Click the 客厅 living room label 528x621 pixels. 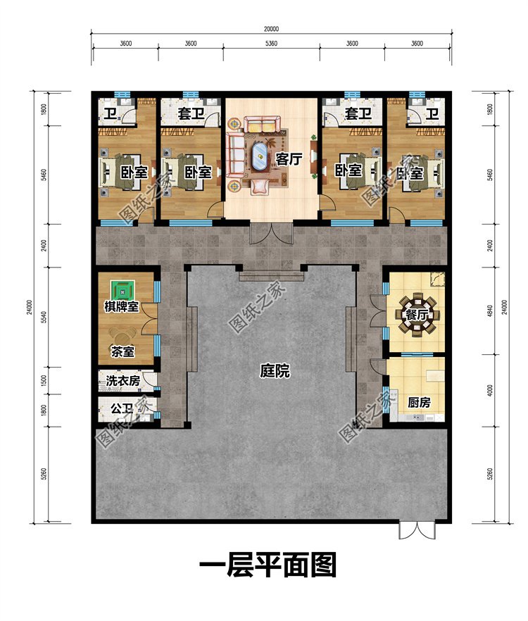point(289,159)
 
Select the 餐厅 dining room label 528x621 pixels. point(416,315)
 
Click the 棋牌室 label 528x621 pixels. point(122,306)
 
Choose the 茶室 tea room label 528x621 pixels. point(122,352)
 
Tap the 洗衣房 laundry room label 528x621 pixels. point(122,381)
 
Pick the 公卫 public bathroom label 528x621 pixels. point(121,408)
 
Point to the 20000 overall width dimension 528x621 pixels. point(271,30)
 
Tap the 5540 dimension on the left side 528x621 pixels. point(44,317)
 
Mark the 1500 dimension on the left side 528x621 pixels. point(44,381)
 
